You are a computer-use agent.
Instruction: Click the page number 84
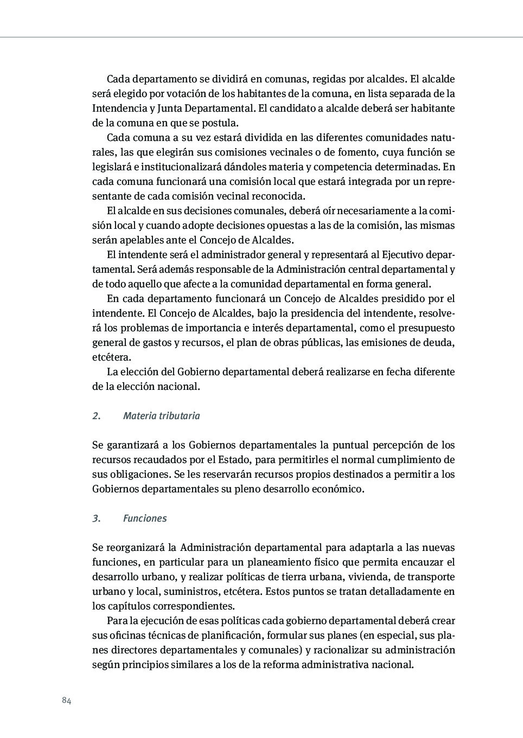click(x=67, y=700)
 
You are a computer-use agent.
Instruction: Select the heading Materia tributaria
click(x=161, y=416)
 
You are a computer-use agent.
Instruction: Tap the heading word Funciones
click(x=145, y=518)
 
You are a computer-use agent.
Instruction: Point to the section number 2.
click(x=96, y=416)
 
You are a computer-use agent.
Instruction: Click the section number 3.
click(x=96, y=518)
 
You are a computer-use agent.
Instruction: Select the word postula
click(x=220, y=123)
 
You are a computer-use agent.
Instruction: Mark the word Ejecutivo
click(x=403, y=255)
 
